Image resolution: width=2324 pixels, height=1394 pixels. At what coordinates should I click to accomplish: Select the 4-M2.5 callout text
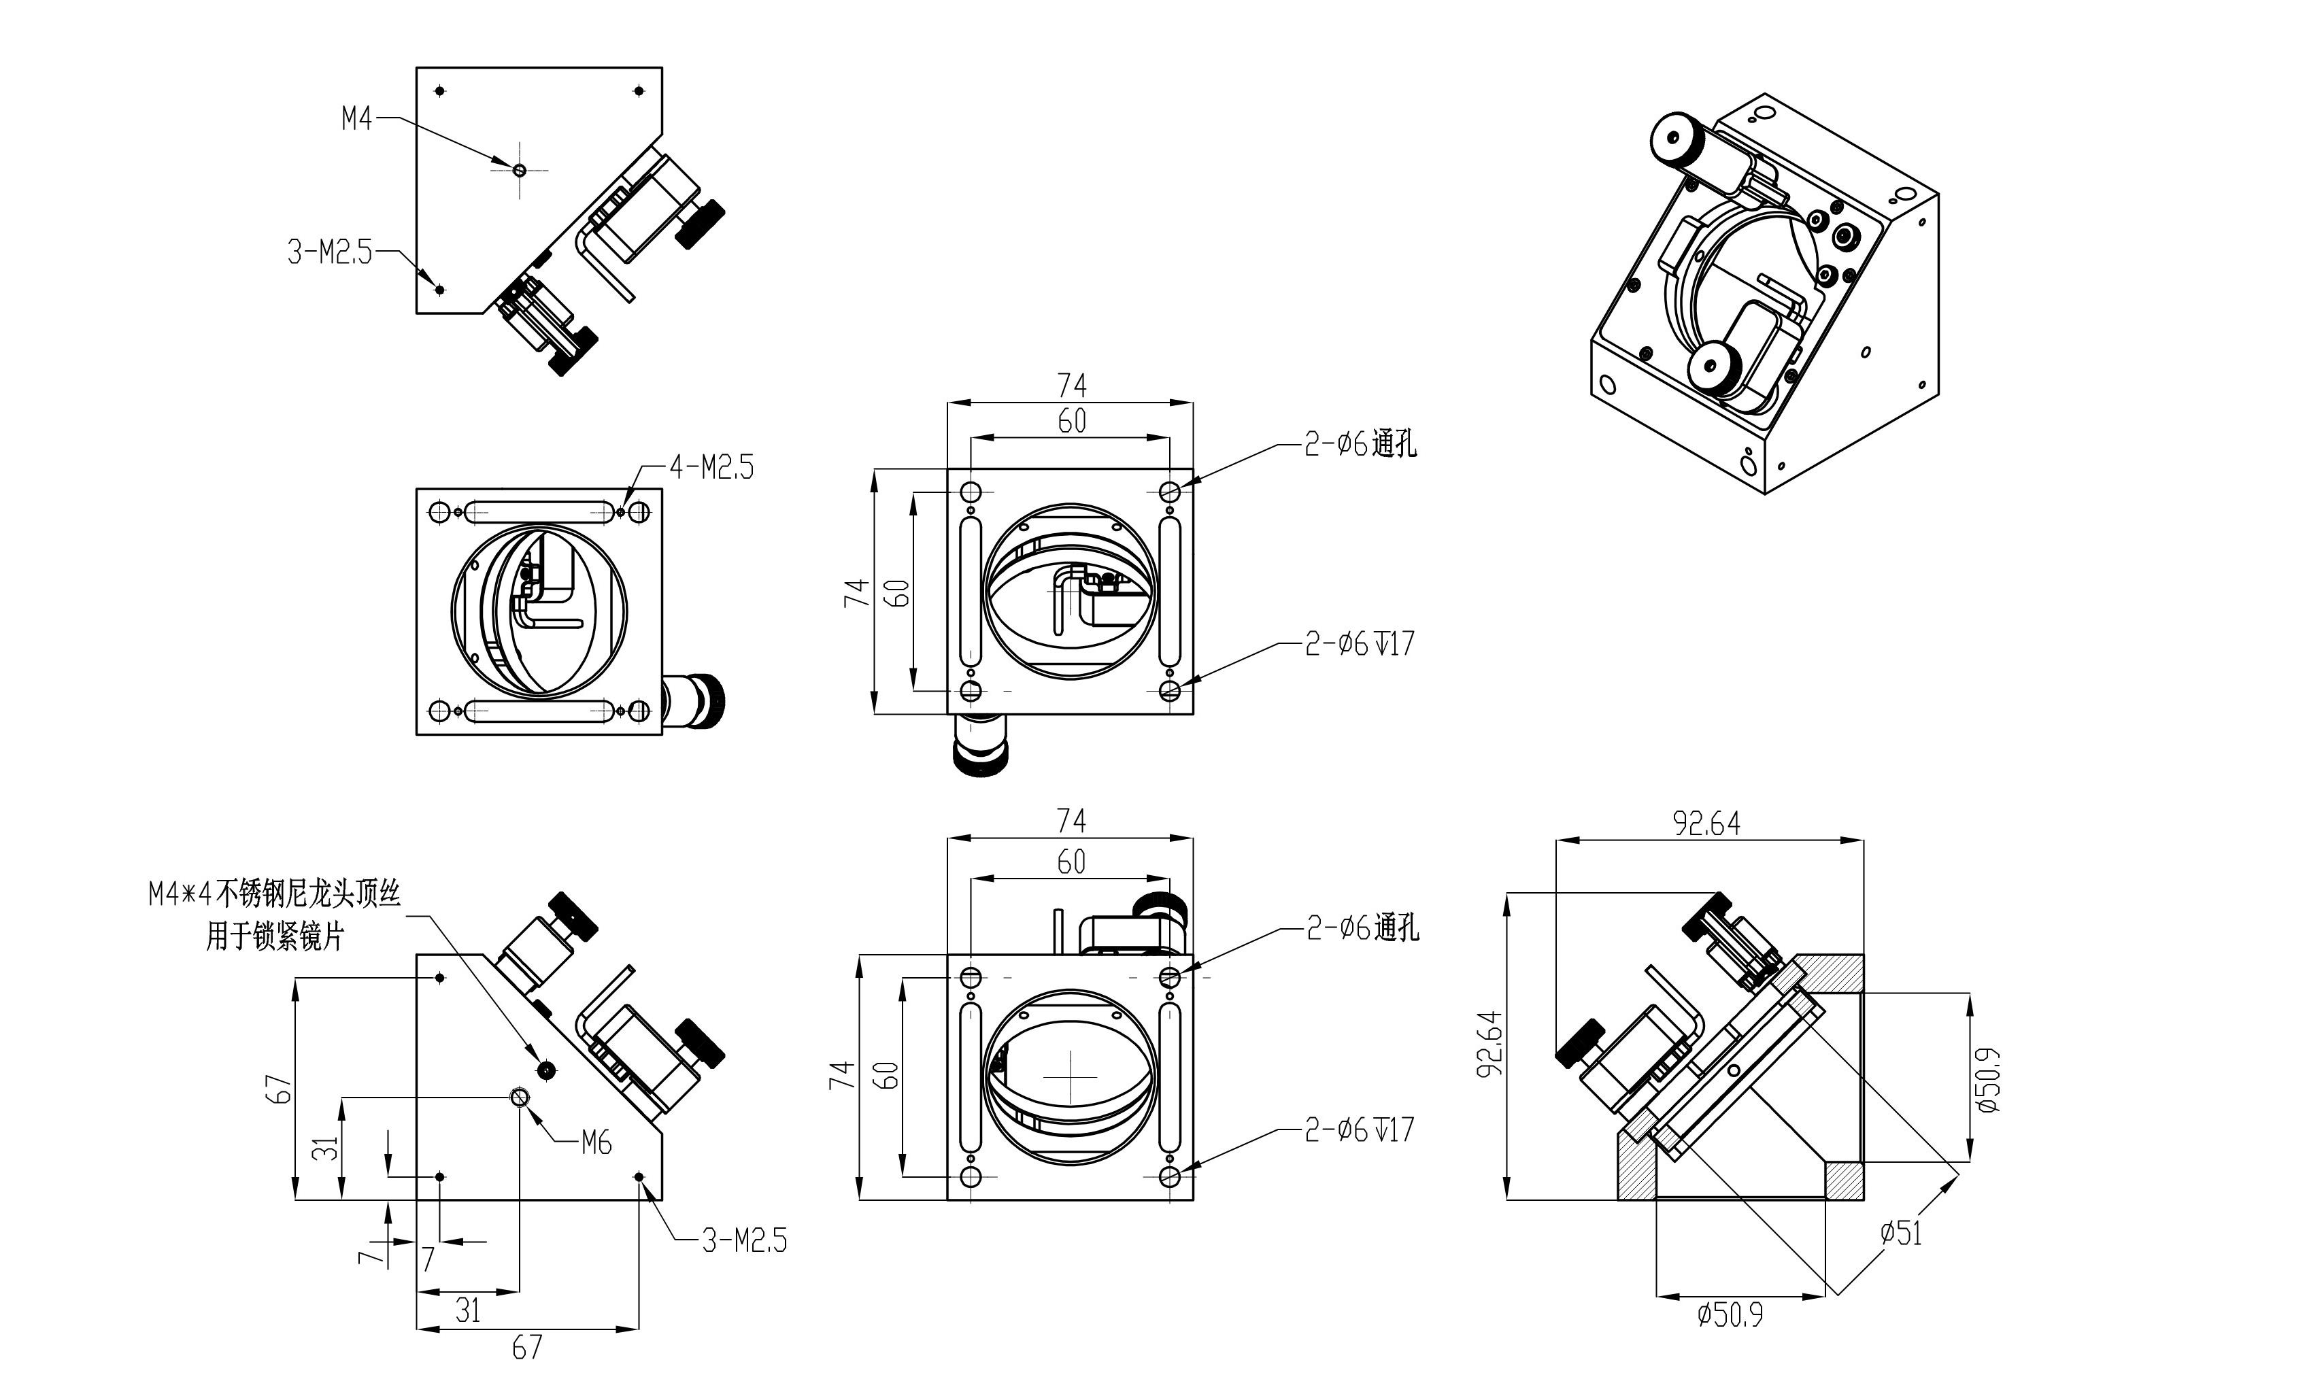click(x=711, y=467)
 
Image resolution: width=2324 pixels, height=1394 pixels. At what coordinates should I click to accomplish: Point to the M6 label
click(x=596, y=1142)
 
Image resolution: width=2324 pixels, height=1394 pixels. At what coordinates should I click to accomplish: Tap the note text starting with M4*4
click(x=274, y=894)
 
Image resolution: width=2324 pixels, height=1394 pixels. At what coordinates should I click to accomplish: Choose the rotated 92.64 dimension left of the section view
click(x=1491, y=1044)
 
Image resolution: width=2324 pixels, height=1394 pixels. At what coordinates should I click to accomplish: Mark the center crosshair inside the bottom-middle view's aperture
click(x=1070, y=1076)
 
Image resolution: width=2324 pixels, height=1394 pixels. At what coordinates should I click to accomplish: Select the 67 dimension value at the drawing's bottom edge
click(x=527, y=1347)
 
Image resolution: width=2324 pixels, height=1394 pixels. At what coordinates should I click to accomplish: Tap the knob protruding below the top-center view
click(x=980, y=749)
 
